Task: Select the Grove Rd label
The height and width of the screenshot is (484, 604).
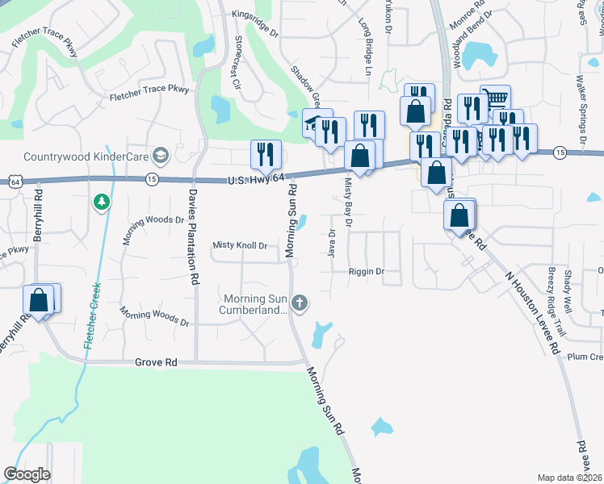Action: (156, 363)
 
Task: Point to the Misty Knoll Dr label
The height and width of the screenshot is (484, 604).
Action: (240, 245)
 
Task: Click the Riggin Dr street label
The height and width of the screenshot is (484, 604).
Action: (367, 272)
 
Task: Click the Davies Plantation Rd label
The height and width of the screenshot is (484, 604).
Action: (194, 238)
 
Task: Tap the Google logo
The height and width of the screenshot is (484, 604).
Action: (27, 474)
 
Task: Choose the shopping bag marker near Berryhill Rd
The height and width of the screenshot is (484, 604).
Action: (39, 299)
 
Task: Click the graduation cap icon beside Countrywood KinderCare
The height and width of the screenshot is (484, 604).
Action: (160, 155)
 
